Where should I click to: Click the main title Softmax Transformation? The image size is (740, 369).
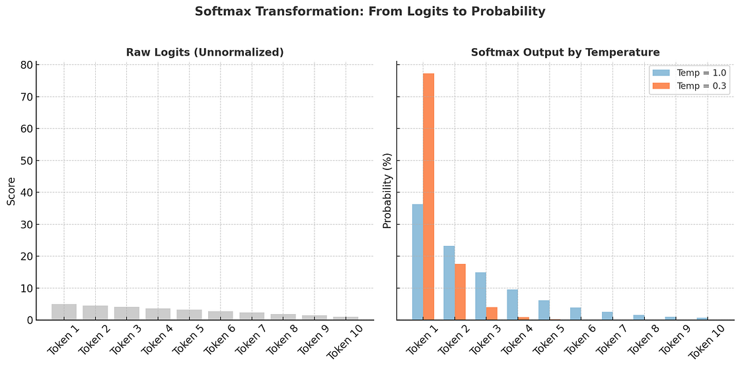coord(370,11)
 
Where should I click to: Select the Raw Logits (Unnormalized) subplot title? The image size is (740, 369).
coord(205,52)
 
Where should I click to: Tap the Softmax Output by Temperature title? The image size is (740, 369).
coord(565,52)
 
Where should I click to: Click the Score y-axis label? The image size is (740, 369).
coord(11,191)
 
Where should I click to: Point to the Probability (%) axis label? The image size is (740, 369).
coord(387,191)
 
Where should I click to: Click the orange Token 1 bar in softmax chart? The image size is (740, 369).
coord(428,196)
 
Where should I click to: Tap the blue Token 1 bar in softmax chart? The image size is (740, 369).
coord(418,262)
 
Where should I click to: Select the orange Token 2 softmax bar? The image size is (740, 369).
coord(460,292)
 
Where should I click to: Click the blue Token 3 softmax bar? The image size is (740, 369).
coord(481,296)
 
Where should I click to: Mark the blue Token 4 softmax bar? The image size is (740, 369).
coord(512,305)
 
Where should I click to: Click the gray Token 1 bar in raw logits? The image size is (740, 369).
coord(64,312)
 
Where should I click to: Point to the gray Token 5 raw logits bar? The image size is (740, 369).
coord(189,315)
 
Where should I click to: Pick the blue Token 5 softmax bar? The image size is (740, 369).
coord(544,310)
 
